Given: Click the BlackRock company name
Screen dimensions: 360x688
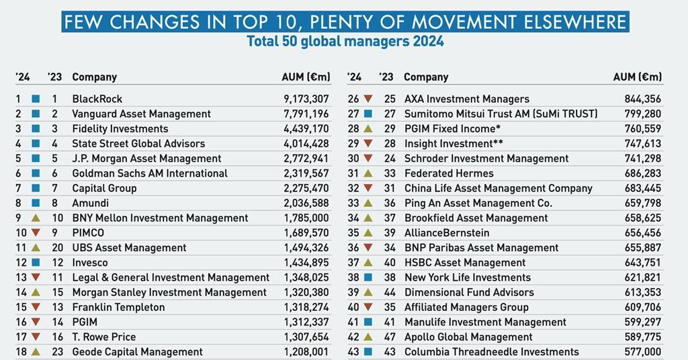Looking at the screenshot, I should click(x=97, y=99).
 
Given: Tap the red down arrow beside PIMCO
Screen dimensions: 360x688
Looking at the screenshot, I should click(x=36, y=233).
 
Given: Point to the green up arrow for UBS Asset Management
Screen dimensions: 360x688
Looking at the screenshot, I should click(x=36, y=248).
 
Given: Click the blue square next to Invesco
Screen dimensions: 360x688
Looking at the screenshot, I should click(x=36, y=263).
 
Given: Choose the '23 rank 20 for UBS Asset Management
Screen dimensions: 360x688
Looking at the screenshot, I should click(x=57, y=248).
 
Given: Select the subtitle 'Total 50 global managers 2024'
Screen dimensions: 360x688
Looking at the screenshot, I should click(x=345, y=42).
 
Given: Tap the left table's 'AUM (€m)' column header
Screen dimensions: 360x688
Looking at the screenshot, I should click(x=306, y=77).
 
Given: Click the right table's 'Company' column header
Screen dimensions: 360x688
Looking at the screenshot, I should click(x=426, y=77).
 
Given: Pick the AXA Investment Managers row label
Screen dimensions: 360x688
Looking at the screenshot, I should click(x=466, y=99).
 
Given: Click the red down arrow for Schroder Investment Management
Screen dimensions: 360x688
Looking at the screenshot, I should click(x=368, y=159).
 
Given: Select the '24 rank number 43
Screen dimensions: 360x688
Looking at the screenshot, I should click(x=353, y=352).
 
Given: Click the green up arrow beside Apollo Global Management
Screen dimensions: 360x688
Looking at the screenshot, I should click(x=368, y=337).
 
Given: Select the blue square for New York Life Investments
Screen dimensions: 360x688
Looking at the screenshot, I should click(x=368, y=277).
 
